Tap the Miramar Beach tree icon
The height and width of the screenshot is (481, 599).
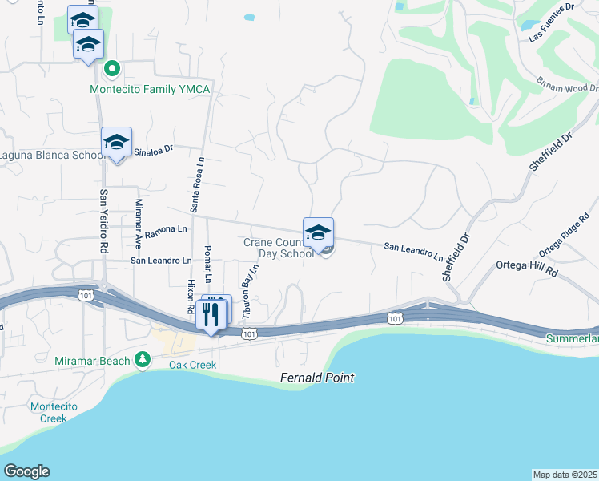point(143,359)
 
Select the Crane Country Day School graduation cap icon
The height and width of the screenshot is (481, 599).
point(318,232)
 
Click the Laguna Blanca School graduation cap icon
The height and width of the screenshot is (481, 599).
point(117,143)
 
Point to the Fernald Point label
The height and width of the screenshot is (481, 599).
point(317,378)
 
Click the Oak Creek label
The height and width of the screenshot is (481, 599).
point(192,365)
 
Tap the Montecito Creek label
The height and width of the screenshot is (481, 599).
point(54,412)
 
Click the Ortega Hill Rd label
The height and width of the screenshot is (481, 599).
point(527,265)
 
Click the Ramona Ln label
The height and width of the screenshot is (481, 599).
point(167,229)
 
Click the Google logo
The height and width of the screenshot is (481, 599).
point(26,471)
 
